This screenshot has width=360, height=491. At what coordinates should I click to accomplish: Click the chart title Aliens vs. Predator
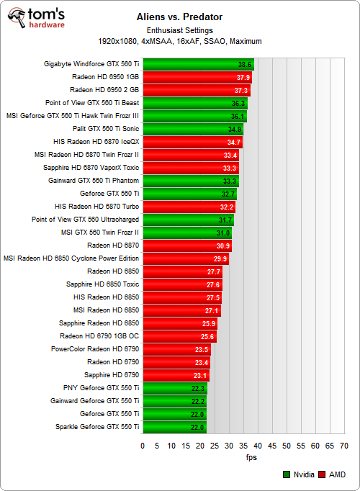click(x=180, y=15)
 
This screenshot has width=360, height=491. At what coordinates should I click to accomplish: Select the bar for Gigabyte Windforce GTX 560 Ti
click(x=198, y=64)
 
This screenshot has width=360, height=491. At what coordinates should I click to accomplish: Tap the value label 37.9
click(x=243, y=77)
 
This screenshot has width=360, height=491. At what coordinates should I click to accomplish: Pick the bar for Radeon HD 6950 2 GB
click(x=196, y=90)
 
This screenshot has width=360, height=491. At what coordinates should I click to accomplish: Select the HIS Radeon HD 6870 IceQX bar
click(x=192, y=142)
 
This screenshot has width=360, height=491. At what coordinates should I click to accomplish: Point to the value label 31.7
click(x=225, y=220)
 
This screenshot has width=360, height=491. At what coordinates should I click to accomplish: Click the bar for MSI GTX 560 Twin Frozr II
click(x=186, y=233)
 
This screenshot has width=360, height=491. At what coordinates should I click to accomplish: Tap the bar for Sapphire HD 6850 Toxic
click(x=182, y=284)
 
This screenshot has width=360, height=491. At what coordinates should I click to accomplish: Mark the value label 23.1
click(x=200, y=375)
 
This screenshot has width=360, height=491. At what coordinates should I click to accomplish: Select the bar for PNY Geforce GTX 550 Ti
click(x=174, y=388)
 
